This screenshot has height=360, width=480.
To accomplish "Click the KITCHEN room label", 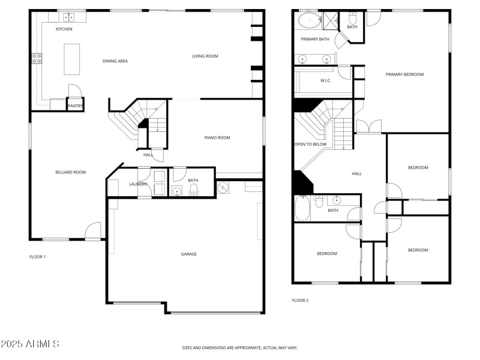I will (x=64, y=29).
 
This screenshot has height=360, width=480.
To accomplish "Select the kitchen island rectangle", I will (x=72, y=59).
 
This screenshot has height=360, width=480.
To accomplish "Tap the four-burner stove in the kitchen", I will (x=37, y=58).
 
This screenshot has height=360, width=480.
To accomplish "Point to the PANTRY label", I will (x=75, y=106).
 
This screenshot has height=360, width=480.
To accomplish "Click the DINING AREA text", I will (x=115, y=61).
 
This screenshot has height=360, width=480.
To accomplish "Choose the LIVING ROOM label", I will (x=205, y=56).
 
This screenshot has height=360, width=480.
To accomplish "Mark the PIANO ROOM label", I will (x=217, y=137).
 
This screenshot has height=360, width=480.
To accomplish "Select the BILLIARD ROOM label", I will (x=70, y=172).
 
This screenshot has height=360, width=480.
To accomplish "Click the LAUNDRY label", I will (x=138, y=184).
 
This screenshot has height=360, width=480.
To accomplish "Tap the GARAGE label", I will (x=189, y=254).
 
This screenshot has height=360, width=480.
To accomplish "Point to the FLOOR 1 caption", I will (x=38, y=257).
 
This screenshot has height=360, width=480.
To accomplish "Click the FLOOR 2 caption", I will (x=300, y=300).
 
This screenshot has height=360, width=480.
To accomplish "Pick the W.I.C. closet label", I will (x=326, y=80).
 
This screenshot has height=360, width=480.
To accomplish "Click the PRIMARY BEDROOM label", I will (x=404, y=74).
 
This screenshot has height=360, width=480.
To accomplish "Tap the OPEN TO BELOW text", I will (x=310, y=144).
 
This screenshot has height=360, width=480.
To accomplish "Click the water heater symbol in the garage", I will (x=223, y=187).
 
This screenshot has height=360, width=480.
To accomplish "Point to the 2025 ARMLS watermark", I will (x=29, y=344).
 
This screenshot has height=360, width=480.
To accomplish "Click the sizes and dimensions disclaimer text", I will (x=240, y=347).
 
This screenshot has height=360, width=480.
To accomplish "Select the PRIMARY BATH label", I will (x=315, y=39).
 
